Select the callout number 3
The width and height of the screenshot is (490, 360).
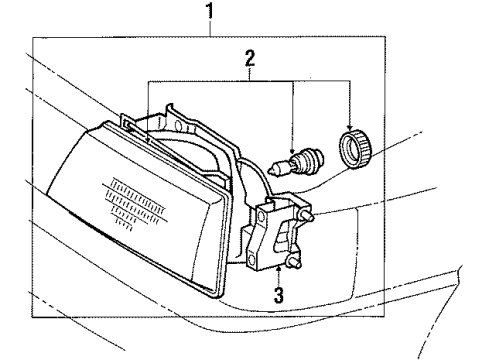tap(279, 295)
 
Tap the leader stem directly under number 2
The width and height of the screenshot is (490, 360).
tap(249, 72)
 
